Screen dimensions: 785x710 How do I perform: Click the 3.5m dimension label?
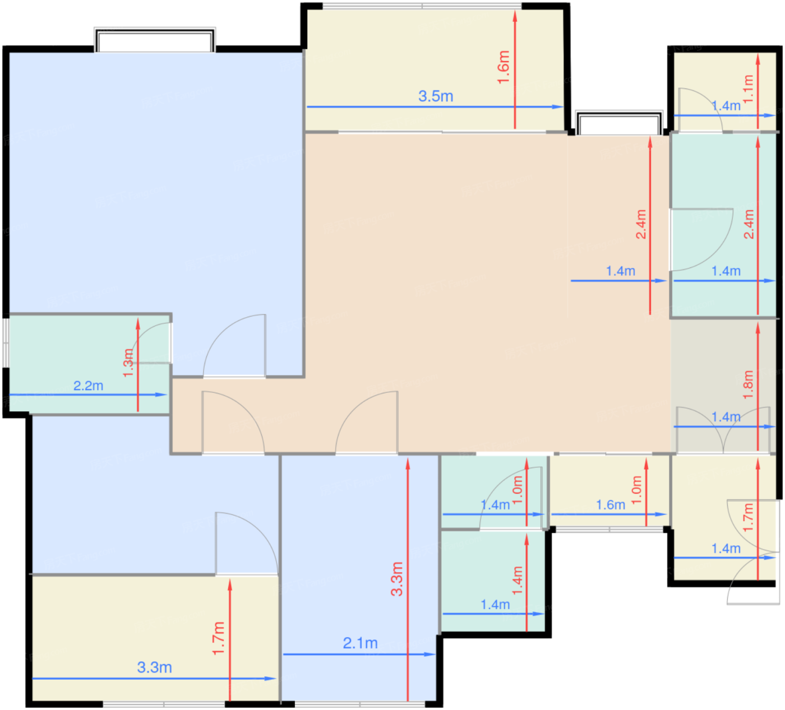coord(436,96)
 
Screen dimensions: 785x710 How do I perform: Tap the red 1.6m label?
coord(504,67)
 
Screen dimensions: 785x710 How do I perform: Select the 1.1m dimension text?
coord(748,89)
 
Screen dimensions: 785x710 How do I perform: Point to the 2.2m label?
coord(89,386)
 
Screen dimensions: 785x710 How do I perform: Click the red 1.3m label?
coord(128,363)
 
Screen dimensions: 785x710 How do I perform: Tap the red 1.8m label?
coord(748,384)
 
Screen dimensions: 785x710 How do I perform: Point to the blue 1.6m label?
coord(611,505)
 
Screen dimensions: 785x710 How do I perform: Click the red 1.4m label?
coord(518,581)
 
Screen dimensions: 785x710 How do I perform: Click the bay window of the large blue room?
coord(155,40)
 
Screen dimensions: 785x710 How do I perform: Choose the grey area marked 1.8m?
coord(723,387)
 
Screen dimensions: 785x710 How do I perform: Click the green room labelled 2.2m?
coord(89,364)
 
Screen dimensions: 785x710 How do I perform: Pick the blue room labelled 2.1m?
coord(359,578)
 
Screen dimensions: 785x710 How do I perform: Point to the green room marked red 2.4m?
coord(723,225)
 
